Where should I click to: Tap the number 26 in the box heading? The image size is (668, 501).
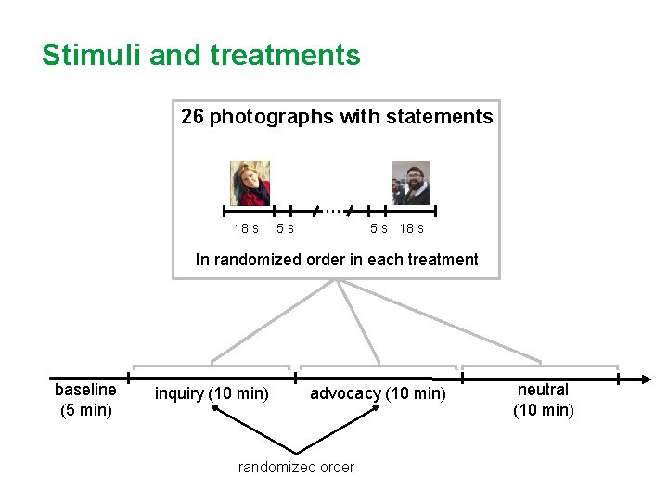192,117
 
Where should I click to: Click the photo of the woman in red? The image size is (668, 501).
250,183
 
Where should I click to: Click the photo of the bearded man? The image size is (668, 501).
410,183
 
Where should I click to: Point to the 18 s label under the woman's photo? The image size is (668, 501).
246,228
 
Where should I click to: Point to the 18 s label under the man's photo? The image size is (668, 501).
411,228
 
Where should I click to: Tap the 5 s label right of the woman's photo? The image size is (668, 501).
285,228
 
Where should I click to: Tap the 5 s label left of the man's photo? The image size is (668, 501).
379,228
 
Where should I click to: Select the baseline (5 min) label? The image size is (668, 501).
85,400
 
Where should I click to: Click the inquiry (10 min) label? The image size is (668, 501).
212,393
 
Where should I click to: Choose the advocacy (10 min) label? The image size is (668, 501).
378,393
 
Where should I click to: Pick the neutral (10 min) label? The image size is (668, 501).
544,400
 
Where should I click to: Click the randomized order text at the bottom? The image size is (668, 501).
296,467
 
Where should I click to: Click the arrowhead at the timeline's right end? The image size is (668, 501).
646,379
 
